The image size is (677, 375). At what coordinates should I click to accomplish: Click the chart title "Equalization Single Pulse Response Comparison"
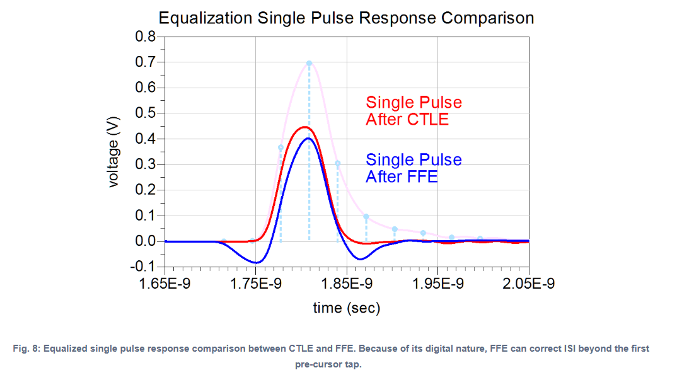point(346,18)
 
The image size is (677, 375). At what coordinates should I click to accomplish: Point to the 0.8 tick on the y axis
point(147,37)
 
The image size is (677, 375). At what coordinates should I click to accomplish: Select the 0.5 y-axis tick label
point(147,113)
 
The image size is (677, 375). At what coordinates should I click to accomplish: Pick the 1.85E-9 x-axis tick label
point(347,284)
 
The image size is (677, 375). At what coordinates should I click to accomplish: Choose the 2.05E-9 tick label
point(529,284)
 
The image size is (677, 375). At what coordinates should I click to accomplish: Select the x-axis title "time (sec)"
point(347,308)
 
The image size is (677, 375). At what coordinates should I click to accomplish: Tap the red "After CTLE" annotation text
point(407,119)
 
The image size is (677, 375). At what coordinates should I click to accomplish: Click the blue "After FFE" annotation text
point(402,176)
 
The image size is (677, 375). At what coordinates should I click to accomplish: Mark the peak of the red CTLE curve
point(303,127)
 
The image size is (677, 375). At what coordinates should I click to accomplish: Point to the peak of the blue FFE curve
point(307,138)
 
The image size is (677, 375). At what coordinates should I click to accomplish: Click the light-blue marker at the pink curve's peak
point(309,63)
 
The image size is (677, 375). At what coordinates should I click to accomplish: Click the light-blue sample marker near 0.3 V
point(337,163)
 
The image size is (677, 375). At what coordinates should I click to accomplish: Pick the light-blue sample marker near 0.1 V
point(366,216)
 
